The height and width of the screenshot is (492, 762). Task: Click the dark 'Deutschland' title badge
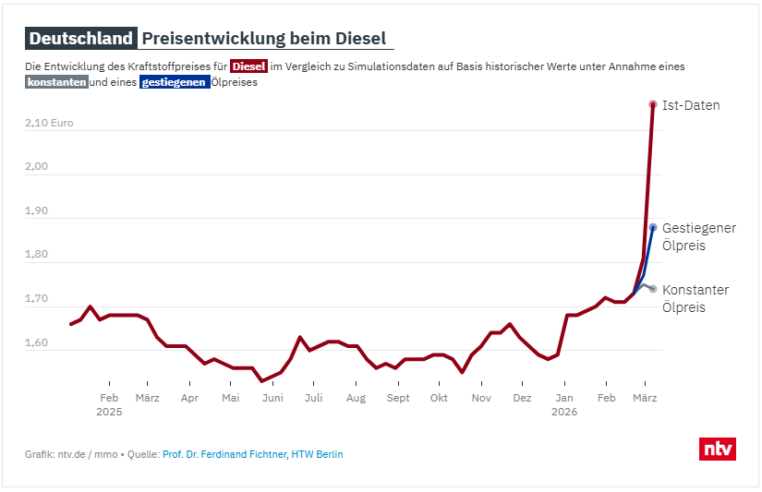click(81, 39)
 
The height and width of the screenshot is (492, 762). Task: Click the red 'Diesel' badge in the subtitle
click(248, 66)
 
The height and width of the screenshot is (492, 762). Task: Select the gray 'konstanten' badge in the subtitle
click(57, 82)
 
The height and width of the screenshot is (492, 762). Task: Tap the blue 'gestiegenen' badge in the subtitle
click(175, 82)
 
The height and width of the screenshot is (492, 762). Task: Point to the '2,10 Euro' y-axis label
click(49, 123)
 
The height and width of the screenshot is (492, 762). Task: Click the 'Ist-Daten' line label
click(691, 105)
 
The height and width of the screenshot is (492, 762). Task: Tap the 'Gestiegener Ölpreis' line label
click(699, 236)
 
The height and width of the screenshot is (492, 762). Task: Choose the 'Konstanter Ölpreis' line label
click(695, 298)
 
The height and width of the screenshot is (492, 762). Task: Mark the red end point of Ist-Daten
click(653, 104)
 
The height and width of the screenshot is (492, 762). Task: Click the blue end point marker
click(653, 227)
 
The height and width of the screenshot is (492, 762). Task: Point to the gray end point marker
click(653, 289)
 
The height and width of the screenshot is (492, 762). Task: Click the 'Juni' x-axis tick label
click(272, 398)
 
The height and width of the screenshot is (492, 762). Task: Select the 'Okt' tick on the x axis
click(440, 398)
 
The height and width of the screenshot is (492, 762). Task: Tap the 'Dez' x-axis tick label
click(522, 398)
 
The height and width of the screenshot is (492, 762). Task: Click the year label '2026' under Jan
click(563, 413)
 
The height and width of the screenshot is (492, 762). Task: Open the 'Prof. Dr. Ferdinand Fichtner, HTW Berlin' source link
click(252, 454)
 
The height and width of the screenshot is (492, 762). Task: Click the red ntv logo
click(718, 449)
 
